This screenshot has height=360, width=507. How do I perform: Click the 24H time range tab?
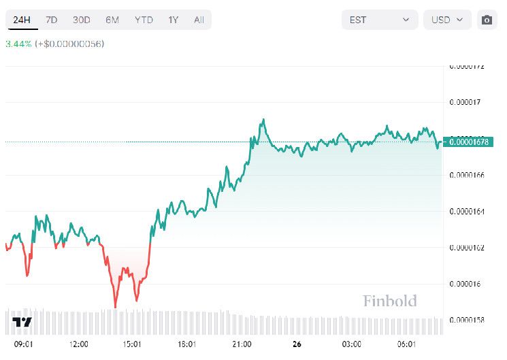[x=22, y=20]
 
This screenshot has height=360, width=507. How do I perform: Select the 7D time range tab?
[x=51, y=20]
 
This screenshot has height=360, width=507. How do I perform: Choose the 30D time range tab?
[x=81, y=20]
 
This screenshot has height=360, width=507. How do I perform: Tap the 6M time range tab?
[x=112, y=20]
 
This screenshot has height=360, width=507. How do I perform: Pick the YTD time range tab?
[x=144, y=20]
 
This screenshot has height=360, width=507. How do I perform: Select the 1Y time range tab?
[x=174, y=20]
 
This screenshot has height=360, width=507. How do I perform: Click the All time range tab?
[x=199, y=20]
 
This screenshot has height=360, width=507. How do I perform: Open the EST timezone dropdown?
[x=379, y=20]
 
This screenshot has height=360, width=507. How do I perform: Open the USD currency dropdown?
[x=447, y=20]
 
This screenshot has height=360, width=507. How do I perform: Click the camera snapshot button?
[x=487, y=20]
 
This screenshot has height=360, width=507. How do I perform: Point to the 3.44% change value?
[x=18, y=44]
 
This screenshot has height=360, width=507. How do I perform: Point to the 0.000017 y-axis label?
[x=465, y=103]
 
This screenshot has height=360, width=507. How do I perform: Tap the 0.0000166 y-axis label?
[x=467, y=176]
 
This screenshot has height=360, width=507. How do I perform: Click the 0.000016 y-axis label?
[x=465, y=284]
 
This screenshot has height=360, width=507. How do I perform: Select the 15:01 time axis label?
[x=132, y=344]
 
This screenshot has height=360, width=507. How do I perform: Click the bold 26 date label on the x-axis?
[x=297, y=344]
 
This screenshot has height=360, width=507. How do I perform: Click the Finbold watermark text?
[x=389, y=301]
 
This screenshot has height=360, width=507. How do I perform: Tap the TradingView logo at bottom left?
[x=22, y=322]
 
